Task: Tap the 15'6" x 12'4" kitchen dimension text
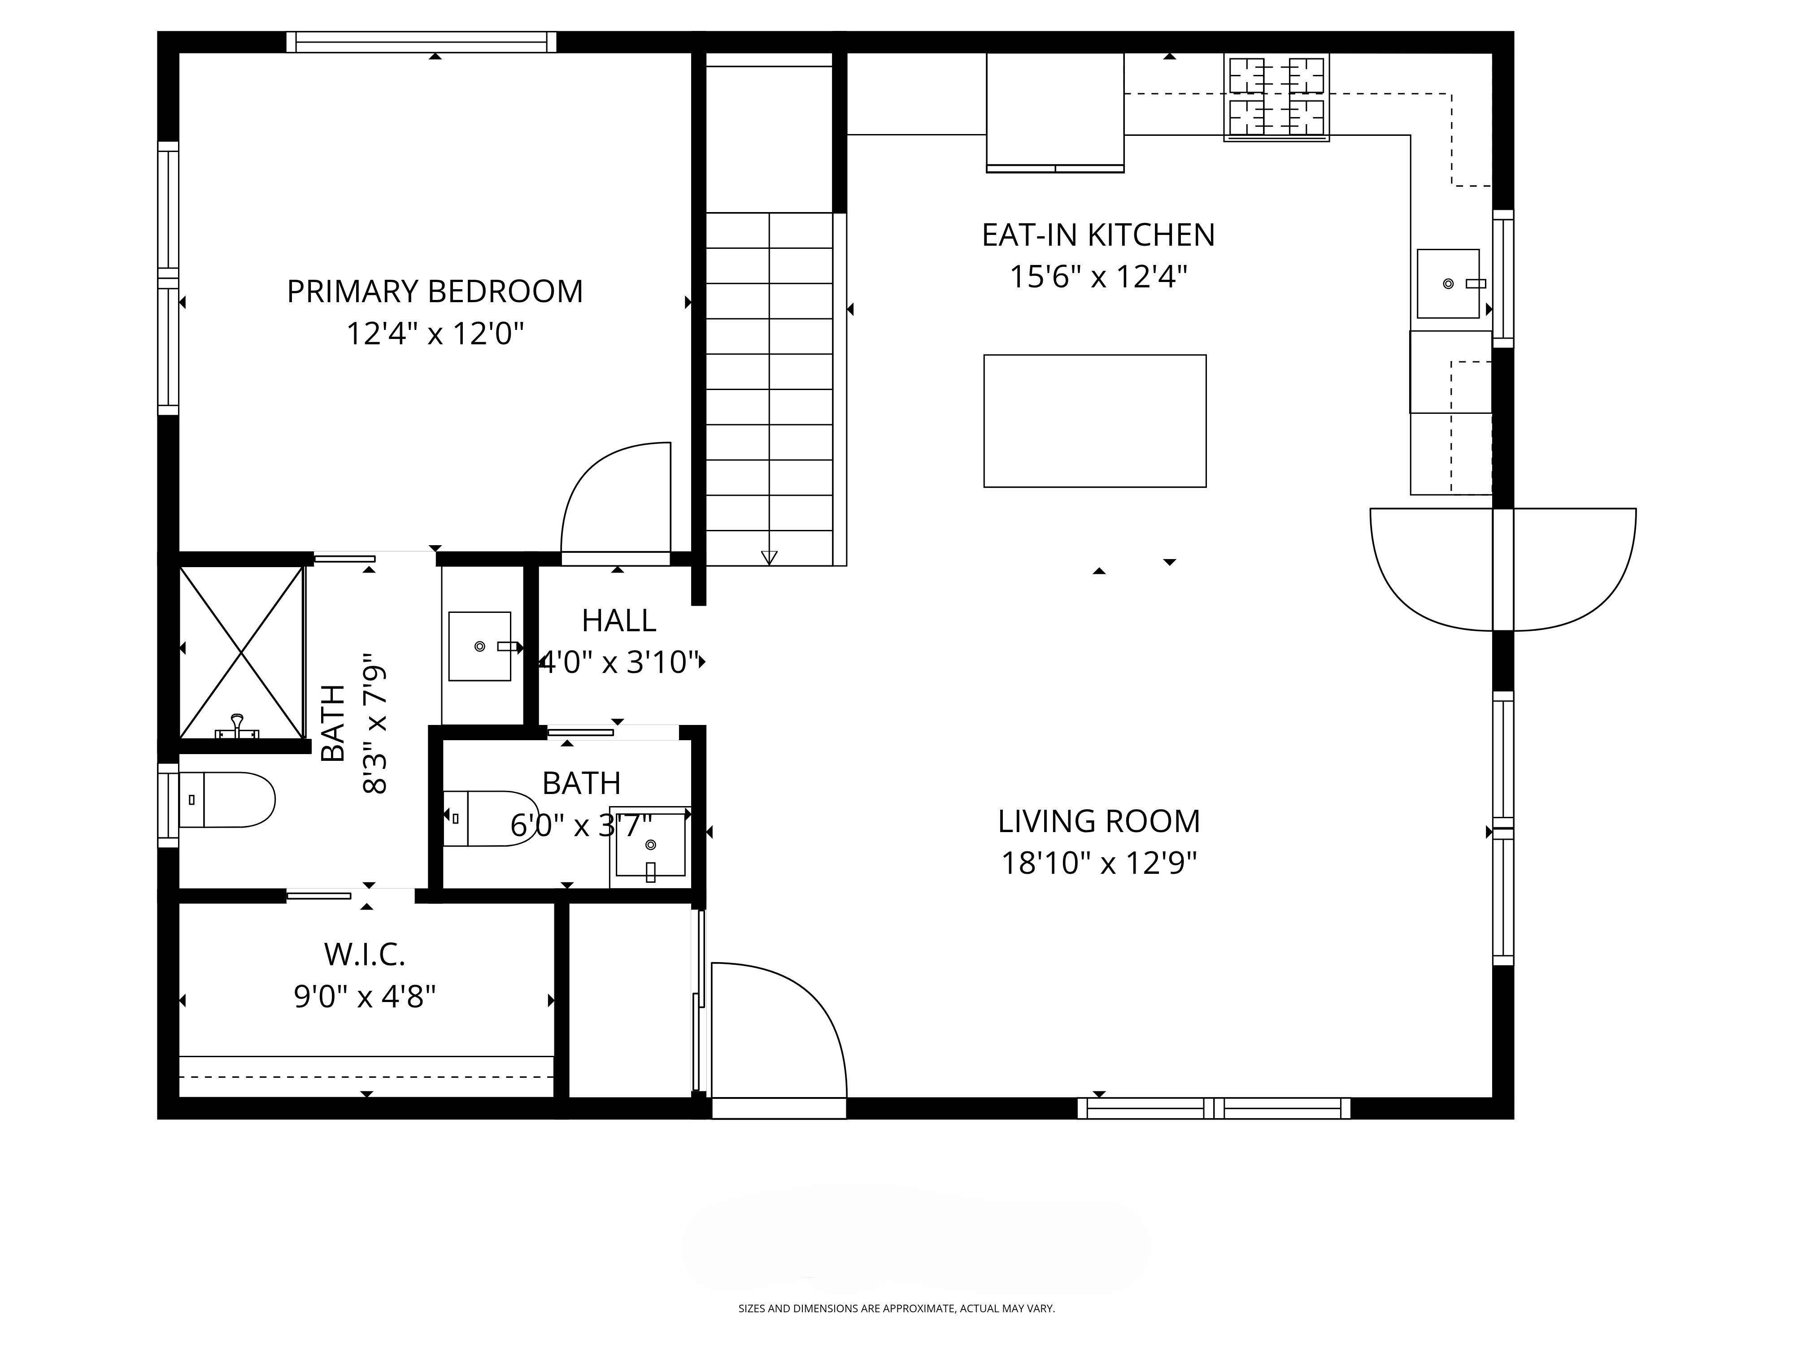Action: [1098, 277]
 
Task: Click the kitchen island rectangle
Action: [1094, 421]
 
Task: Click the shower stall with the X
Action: [241, 653]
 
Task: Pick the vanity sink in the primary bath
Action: [479, 646]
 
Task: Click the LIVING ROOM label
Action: [1098, 821]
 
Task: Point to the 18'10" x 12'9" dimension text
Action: [1098, 863]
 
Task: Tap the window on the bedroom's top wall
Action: [421, 42]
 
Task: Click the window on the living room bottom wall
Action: [1213, 1108]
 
